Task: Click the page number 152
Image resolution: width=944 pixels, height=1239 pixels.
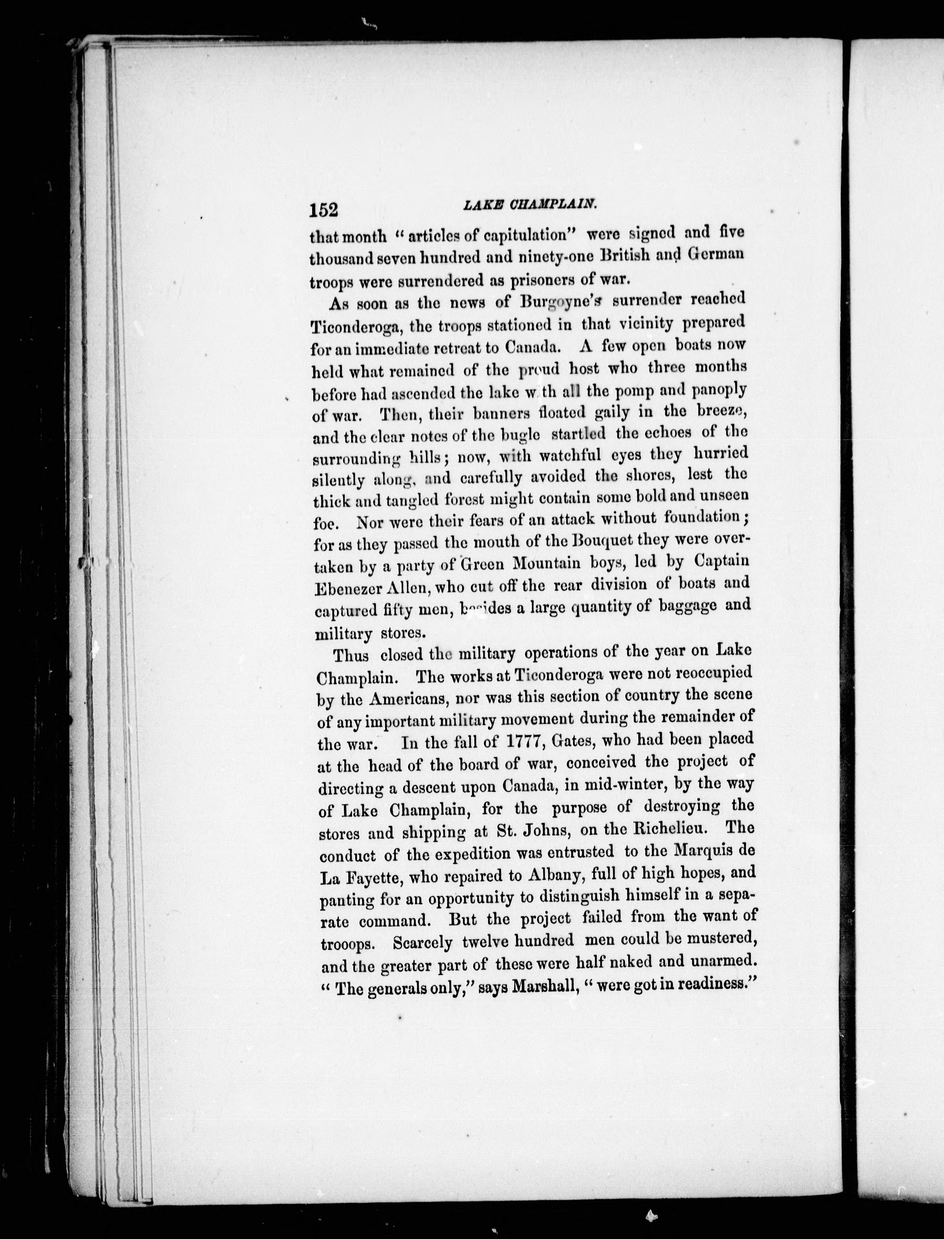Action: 323,209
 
